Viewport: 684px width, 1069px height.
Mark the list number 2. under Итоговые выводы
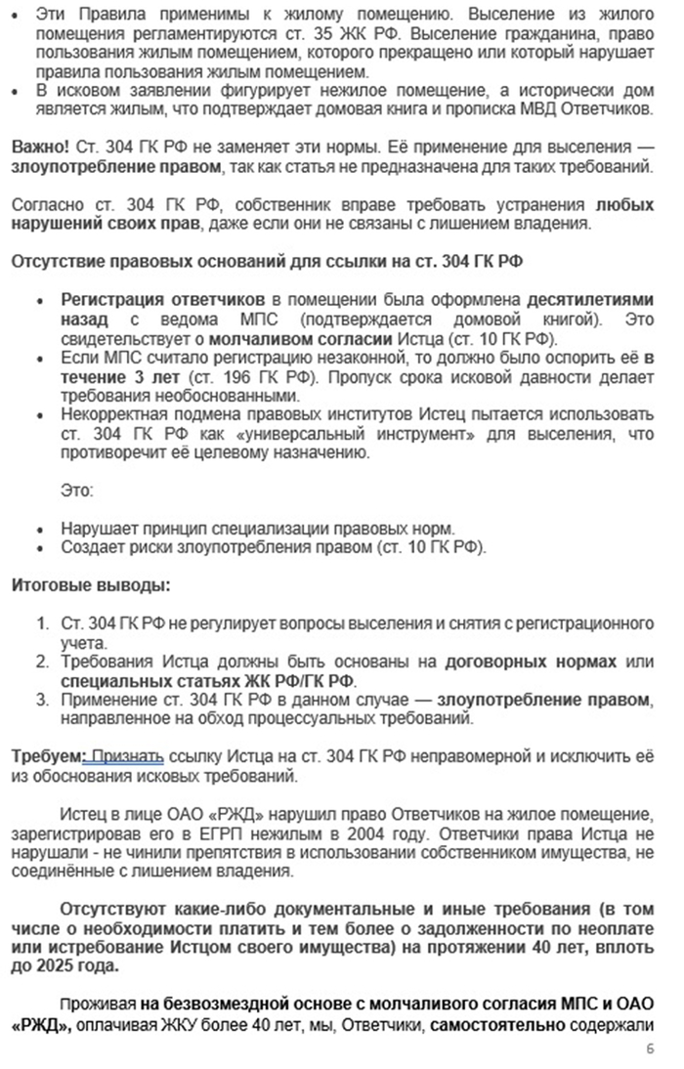click(43, 662)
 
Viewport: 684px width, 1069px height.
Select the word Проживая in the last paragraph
click(96, 1004)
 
